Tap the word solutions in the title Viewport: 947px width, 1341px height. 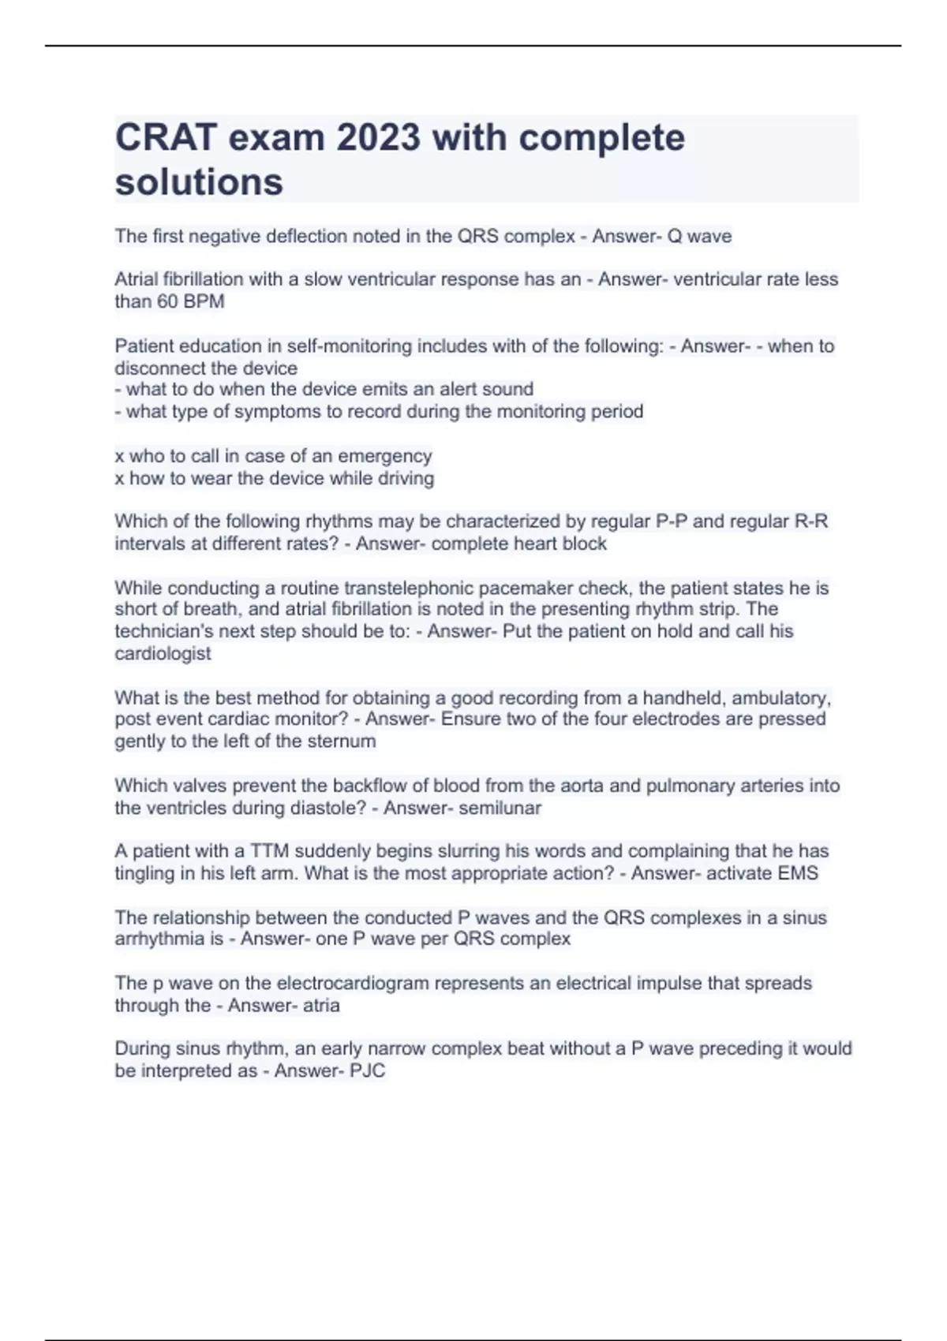[x=199, y=182]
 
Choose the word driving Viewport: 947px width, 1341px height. [x=405, y=478]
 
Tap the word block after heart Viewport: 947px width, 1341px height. [x=584, y=543]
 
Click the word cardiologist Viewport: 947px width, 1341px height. [x=163, y=653]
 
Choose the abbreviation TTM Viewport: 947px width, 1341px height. [x=270, y=851]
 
